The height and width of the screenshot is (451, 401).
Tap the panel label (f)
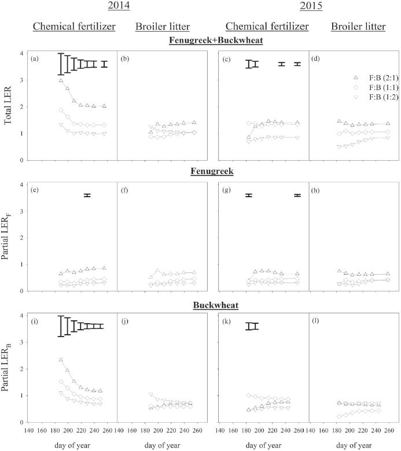pos(124,190)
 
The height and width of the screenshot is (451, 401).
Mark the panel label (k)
pos(225,321)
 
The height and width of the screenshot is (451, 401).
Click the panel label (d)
pos(315,58)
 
